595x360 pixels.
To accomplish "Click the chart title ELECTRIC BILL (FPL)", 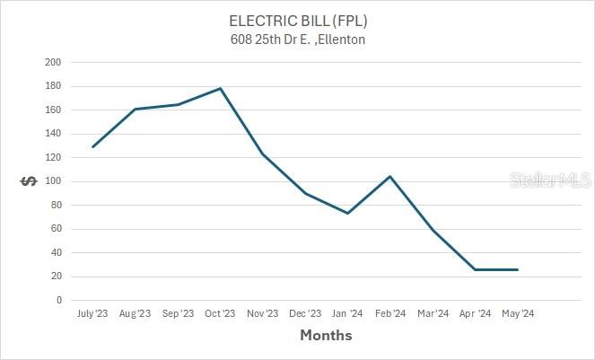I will point(298,21).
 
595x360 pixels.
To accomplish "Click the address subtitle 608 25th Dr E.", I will point(298,40).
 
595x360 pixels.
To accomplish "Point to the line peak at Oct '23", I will point(220,88).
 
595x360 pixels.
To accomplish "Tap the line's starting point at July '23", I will point(92,146).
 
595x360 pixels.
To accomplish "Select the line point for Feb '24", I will point(390,176).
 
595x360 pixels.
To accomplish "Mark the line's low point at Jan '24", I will point(347,213).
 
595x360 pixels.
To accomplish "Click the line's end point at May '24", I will point(517,269).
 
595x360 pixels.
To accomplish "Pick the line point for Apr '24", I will point(475,269).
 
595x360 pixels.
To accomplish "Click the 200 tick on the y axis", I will point(53,62).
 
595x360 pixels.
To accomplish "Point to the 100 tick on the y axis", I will point(53,181).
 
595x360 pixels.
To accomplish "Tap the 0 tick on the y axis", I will point(58,300).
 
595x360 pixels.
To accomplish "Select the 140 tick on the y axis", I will point(53,134).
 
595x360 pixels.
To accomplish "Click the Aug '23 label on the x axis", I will point(135,313).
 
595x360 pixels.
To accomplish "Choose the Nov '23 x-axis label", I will point(262,313).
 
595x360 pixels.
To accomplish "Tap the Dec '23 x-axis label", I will point(304,313).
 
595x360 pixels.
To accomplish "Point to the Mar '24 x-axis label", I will point(433,313).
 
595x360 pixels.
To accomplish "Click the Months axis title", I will point(325,336).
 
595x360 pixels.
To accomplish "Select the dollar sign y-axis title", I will point(28,181).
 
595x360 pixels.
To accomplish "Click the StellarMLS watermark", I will point(549,181).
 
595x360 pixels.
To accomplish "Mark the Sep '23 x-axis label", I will point(177,313).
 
